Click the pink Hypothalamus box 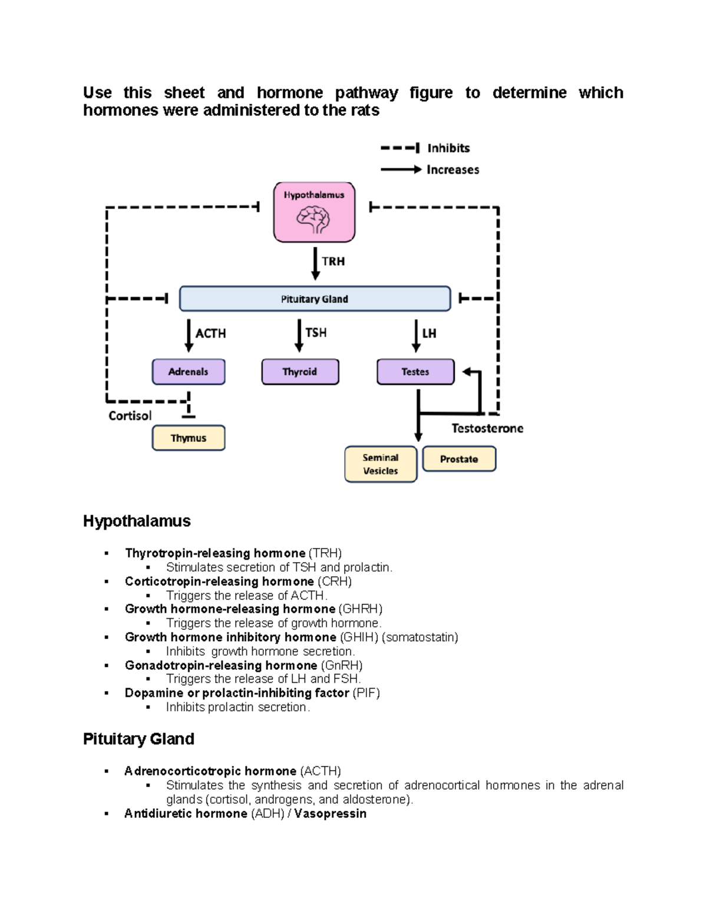click(314, 212)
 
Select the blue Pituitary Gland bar click(315, 299)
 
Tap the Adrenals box click(189, 372)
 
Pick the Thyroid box click(300, 372)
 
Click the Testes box click(415, 372)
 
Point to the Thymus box click(189, 438)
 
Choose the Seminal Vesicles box click(381, 464)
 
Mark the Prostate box click(459, 459)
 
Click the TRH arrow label click(333, 261)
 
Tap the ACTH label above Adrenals click(210, 333)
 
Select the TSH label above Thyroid click(316, 333)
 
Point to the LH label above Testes click(429, 333)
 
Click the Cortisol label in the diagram click(130, 416)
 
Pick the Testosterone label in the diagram click(487, 428)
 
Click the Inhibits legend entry click(448, 148)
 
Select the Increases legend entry click(452, 170)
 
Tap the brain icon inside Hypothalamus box click(313, 220)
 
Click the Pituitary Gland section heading click(138, 739)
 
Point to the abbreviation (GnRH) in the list click(342, 665)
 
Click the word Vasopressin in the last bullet click(330, 814)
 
